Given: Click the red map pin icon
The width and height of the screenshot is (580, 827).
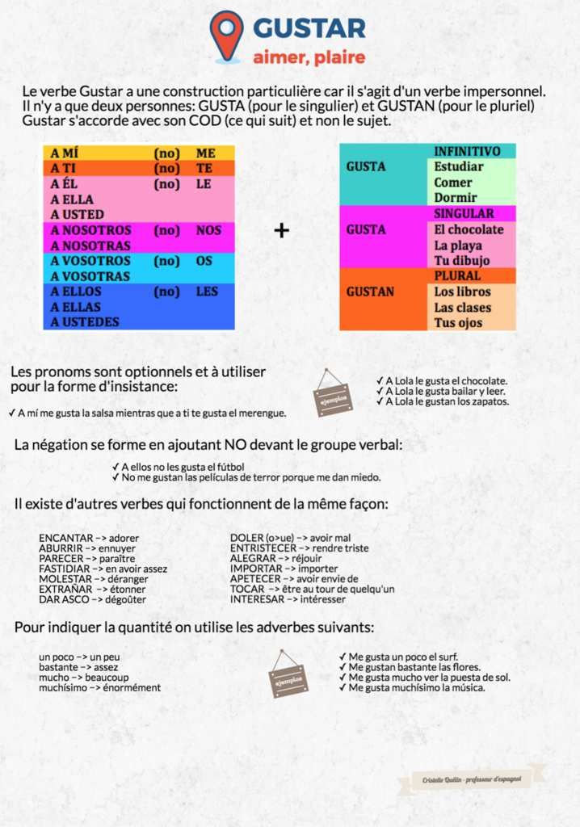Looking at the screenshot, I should coord(226,34).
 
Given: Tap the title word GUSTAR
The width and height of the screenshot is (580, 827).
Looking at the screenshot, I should coord(309,29).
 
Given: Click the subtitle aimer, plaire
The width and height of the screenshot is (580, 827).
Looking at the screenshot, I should coord(309,57).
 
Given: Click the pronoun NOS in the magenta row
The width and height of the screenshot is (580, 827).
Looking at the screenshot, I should coord(208,230).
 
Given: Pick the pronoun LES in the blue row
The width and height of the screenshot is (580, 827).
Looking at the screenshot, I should coord(208,292).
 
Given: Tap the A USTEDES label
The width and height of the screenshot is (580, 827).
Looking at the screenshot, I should coord(85,322).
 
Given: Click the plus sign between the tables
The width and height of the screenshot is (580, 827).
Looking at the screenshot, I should coord(281,231).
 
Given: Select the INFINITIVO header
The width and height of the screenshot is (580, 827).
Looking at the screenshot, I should coord(467,152).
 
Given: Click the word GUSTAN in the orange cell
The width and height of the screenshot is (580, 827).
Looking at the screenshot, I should coord(371,292).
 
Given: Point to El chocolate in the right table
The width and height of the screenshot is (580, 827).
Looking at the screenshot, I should coord(469,230).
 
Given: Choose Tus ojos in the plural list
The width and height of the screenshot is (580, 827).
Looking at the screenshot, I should coord(458,323).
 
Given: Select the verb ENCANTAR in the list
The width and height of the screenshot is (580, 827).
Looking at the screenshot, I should coord(66,538).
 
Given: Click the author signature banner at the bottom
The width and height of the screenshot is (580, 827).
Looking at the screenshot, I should coord(471,779).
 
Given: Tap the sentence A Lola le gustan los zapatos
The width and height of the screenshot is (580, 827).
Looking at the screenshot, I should coord(448,401).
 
